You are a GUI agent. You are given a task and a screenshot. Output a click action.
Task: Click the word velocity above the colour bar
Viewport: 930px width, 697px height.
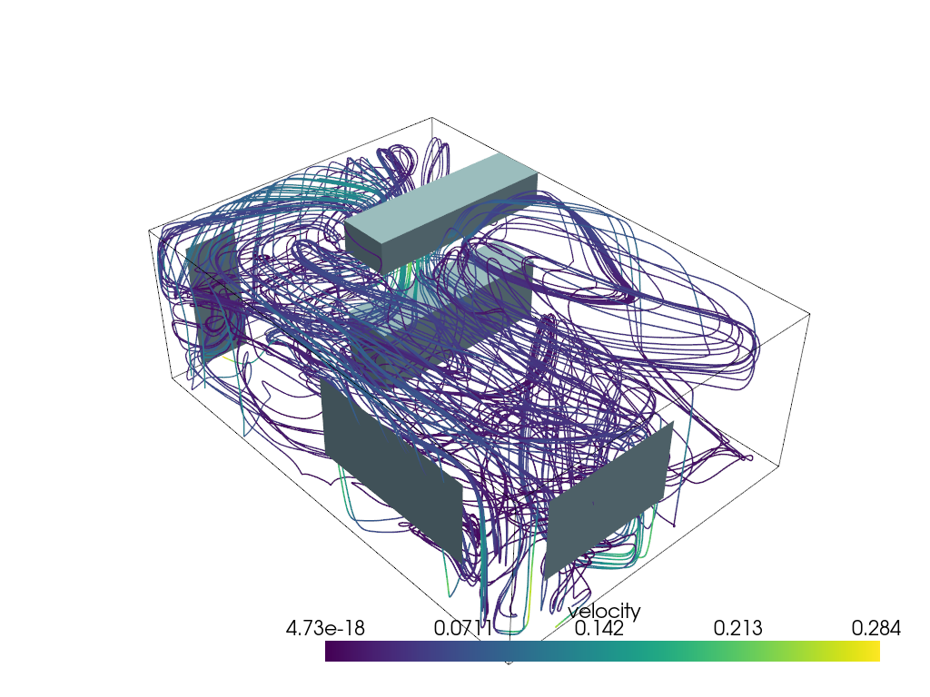pos(604,612)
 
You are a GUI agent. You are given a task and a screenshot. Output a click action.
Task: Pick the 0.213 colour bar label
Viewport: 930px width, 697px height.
pos(738,628)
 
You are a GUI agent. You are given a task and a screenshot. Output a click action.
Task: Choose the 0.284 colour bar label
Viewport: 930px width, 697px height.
pos(876,628)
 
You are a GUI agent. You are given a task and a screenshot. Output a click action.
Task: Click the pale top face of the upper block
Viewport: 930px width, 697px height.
pos(440,198)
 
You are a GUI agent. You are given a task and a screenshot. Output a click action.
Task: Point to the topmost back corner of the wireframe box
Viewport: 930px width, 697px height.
pos(431,117)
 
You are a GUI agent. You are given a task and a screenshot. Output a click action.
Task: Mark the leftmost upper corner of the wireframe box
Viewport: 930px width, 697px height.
pos(149,231)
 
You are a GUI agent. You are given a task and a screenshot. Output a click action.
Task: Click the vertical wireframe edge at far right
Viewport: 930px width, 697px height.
pos(795,390)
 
